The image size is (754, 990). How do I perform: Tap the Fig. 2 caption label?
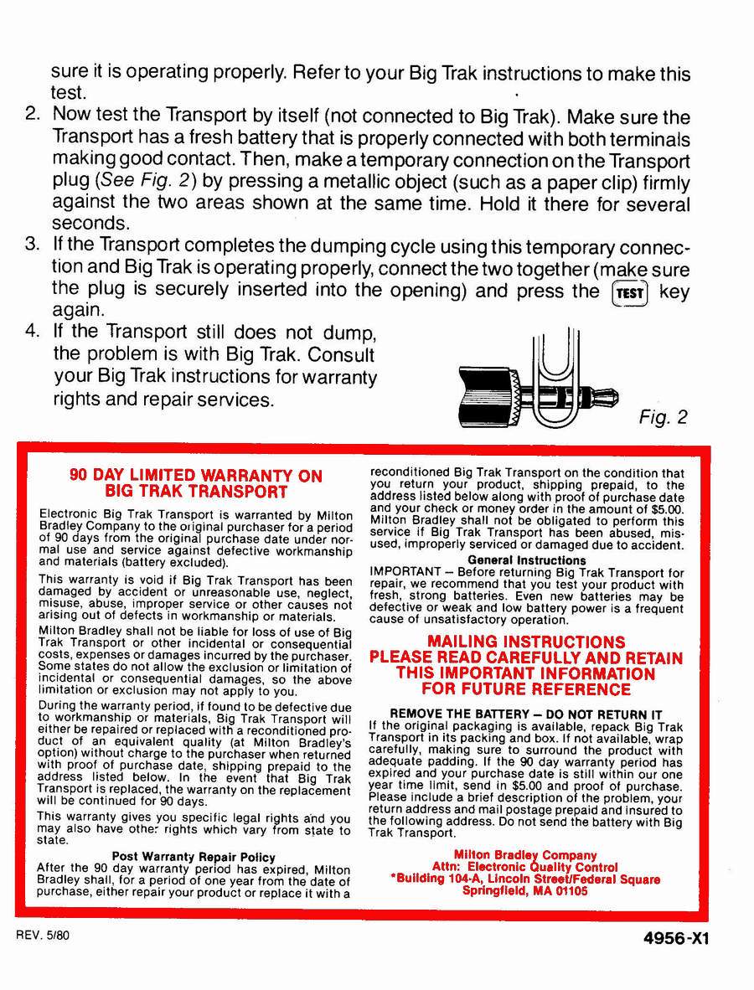click(663, 417)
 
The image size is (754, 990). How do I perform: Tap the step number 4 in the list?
click(34, 331)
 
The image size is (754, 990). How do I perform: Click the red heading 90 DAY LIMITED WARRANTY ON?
click(195, 476)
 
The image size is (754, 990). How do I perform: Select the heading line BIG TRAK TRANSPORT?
click(196, 492)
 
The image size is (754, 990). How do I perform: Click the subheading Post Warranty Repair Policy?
click(194, 857)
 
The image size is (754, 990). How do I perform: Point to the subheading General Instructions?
click(527, 560)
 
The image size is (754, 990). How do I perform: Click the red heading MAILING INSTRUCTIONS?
click(526, 642)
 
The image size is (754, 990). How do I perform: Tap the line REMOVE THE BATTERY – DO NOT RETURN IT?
click(526, 714)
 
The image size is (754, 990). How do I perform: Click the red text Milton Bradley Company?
click(525, 855)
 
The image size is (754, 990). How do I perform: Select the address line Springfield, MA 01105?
click(525, 891)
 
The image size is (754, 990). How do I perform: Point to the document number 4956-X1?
click(670, 939)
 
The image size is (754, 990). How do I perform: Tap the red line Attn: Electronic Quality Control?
click(525, 867)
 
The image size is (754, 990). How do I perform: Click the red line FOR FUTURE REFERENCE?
click(526, 689)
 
